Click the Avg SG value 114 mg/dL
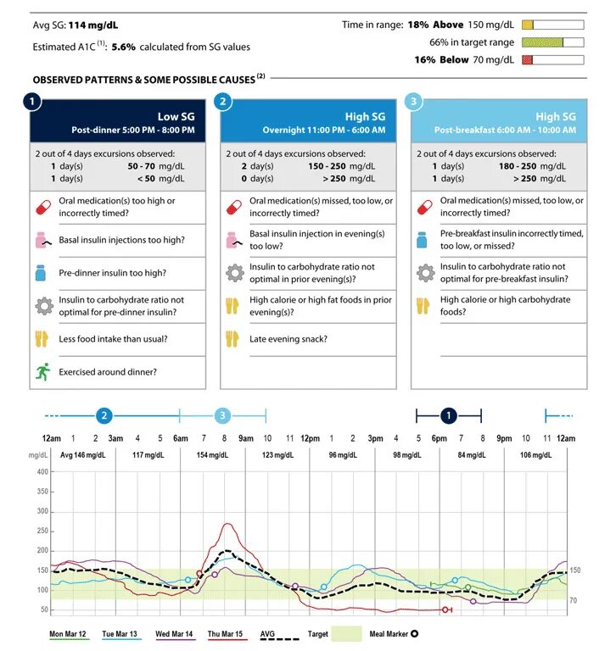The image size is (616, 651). tap(93, 25)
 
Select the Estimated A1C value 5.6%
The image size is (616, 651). tap(123, 47)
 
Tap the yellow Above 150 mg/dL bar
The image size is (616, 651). tap(528, 25)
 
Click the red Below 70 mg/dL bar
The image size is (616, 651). tap(528, 60)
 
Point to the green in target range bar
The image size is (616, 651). tap(542, 42)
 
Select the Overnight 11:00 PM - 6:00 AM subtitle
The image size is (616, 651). tap(324, 130)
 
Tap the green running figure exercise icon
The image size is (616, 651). tap(42, 372)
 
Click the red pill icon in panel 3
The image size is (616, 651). tap(425, 207)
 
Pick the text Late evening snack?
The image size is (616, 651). tap(288, 339)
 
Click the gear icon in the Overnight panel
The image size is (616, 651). tap(235, 273)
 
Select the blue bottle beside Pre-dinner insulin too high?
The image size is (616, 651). tap(41, 273)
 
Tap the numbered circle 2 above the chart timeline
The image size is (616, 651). tap(104, 415)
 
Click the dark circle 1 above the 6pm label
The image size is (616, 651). tap(449, 415)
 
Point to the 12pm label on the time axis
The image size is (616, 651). tap(310, 438)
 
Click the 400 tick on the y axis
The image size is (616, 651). tap(42, 471)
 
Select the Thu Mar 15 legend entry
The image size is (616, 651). tap(225, 634)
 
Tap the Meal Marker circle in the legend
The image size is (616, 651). tap(414, 634)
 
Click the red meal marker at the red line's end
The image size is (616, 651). tap(445, 610)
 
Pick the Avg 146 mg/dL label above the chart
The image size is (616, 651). tap(83, 455)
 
